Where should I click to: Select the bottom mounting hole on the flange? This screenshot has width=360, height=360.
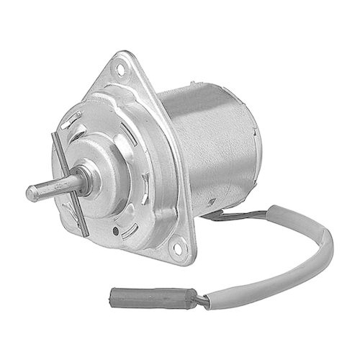pyautogui.click(x=177, y=248)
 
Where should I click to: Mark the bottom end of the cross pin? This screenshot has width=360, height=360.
pyautogui.click(x=84, y=232)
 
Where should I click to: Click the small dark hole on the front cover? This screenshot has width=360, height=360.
pyautogui.click(x=116, y=231)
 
